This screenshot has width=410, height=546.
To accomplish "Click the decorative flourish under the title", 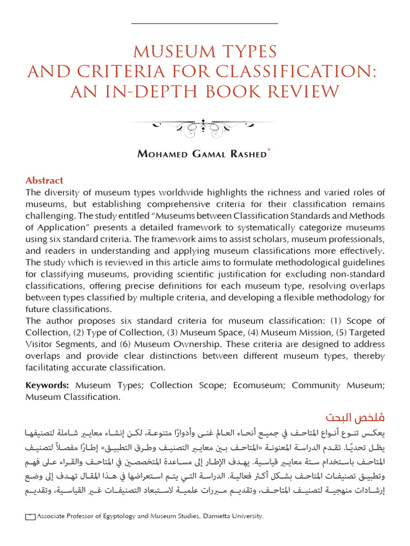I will (x=204, y=127).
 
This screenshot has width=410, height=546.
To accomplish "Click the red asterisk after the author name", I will (x=269, y=151).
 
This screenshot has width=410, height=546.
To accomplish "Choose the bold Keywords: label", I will (x=48, y=385).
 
